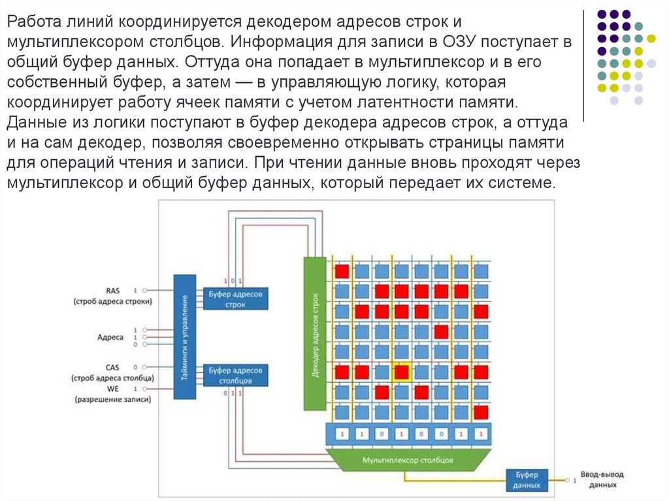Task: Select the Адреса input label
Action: click(x=110, y=337)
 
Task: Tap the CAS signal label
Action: click(x=112, y=367)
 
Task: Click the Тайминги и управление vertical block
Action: click(x=184, y=336)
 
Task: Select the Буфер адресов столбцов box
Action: click(x=235, y=375)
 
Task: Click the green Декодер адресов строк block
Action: click(x=314, y=333)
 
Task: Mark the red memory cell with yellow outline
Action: click(x=401, y=372)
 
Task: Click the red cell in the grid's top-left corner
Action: click(x=342, y=270)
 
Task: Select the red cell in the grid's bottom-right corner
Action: click(x=481, y=412)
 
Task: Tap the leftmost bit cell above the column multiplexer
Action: click(x=341, y=433)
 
